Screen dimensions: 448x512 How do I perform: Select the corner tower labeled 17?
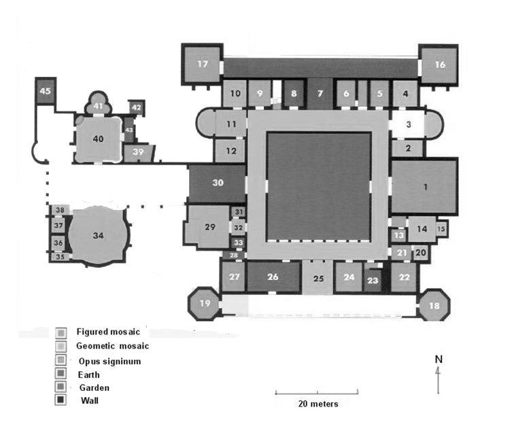202,65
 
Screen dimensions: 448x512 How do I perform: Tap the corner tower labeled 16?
439,65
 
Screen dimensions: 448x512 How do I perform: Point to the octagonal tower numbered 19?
205,303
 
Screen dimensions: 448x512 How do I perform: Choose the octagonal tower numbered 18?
433,307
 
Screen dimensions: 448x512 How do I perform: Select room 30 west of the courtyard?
217,183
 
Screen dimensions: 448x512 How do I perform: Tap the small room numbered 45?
46,91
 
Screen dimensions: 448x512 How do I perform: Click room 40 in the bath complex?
99,139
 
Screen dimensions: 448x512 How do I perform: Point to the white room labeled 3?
408,124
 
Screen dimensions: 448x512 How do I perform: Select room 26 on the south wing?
273,277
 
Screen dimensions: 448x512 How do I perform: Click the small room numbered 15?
441,229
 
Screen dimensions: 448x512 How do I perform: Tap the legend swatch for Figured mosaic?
61,332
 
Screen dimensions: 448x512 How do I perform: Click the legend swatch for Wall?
61,400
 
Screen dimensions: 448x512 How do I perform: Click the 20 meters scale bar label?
318,404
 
